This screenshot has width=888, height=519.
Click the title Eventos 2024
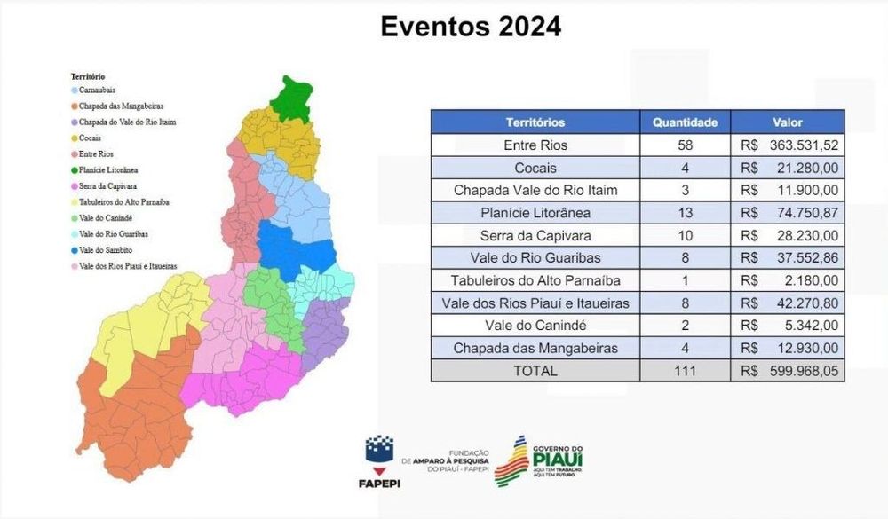tap(471, 27)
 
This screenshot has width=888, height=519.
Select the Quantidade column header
tap(685, 122)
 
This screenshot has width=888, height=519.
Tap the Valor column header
tap(787, 122)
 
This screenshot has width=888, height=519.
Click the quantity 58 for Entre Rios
tap(685, 145)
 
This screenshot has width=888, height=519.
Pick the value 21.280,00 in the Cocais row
tap(807, 168)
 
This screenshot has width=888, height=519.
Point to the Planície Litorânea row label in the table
tap(535, 213)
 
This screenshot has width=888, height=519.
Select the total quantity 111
tap(685, 371)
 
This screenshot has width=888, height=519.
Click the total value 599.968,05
tap(804, 371)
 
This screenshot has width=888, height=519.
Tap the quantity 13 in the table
tap(685, 213)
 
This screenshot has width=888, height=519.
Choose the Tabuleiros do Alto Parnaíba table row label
tap(535, 280)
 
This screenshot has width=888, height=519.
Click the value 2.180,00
tap(811, 280)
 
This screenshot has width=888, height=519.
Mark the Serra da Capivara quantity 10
tap(685, 235)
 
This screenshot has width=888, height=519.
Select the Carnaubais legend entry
tap(93, 90)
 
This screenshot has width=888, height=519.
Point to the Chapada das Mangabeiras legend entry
tap(117, 106)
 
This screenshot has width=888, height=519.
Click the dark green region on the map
tap(292, 98)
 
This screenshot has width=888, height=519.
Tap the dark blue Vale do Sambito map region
tap(295, 249)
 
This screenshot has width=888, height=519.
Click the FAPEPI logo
tap(379, 461)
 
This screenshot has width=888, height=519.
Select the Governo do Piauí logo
tap(539, 460)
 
